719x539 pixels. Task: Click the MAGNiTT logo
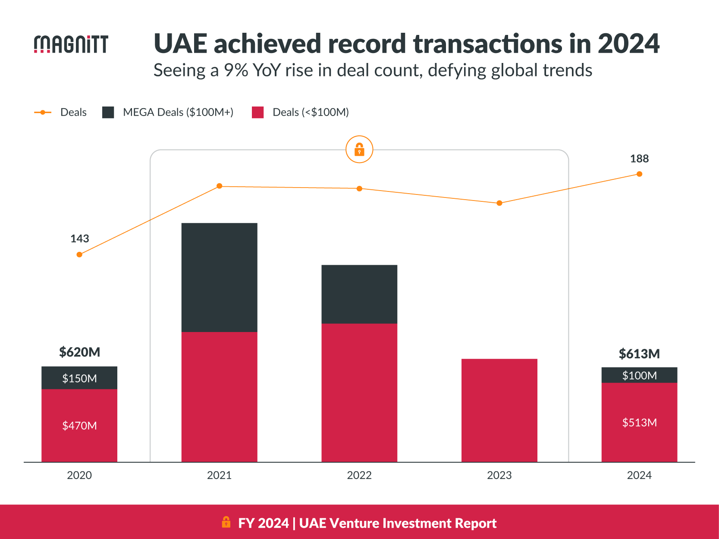(71, 44)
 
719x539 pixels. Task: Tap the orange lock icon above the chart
(359, 150)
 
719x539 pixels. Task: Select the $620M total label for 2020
(79, 352)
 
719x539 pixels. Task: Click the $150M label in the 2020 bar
(79, 378)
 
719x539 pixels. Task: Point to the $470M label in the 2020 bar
(79, 426)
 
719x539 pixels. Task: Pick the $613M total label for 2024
(639, 354)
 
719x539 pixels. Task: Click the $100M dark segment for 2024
(639, 375)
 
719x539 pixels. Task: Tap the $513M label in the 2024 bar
(639, 422)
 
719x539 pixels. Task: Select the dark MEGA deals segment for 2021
(219, 277)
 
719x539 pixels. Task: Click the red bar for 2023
(499, 410)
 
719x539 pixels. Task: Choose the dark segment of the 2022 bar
(359, 294)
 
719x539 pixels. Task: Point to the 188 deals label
(639, 159)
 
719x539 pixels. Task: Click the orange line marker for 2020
(79, 254)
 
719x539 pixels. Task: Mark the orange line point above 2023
(499, 203)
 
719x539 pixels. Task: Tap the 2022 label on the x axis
(359, 475)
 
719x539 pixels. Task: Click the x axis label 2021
(219, 475)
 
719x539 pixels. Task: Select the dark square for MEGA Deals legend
(108, 112)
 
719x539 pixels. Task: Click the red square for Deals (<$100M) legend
(257, 112)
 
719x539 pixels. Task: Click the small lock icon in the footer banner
(226, 522)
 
